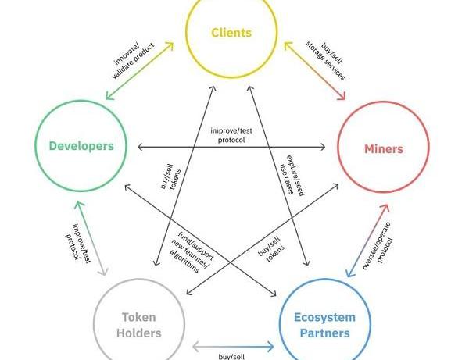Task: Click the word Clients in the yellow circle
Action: (231, 33)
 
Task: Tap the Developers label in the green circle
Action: (81, 146)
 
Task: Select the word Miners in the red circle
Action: (384, 148)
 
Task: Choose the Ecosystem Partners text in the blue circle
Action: (324, 325)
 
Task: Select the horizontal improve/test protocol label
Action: (232, 134)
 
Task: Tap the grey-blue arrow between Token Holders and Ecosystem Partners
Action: (232, 344)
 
